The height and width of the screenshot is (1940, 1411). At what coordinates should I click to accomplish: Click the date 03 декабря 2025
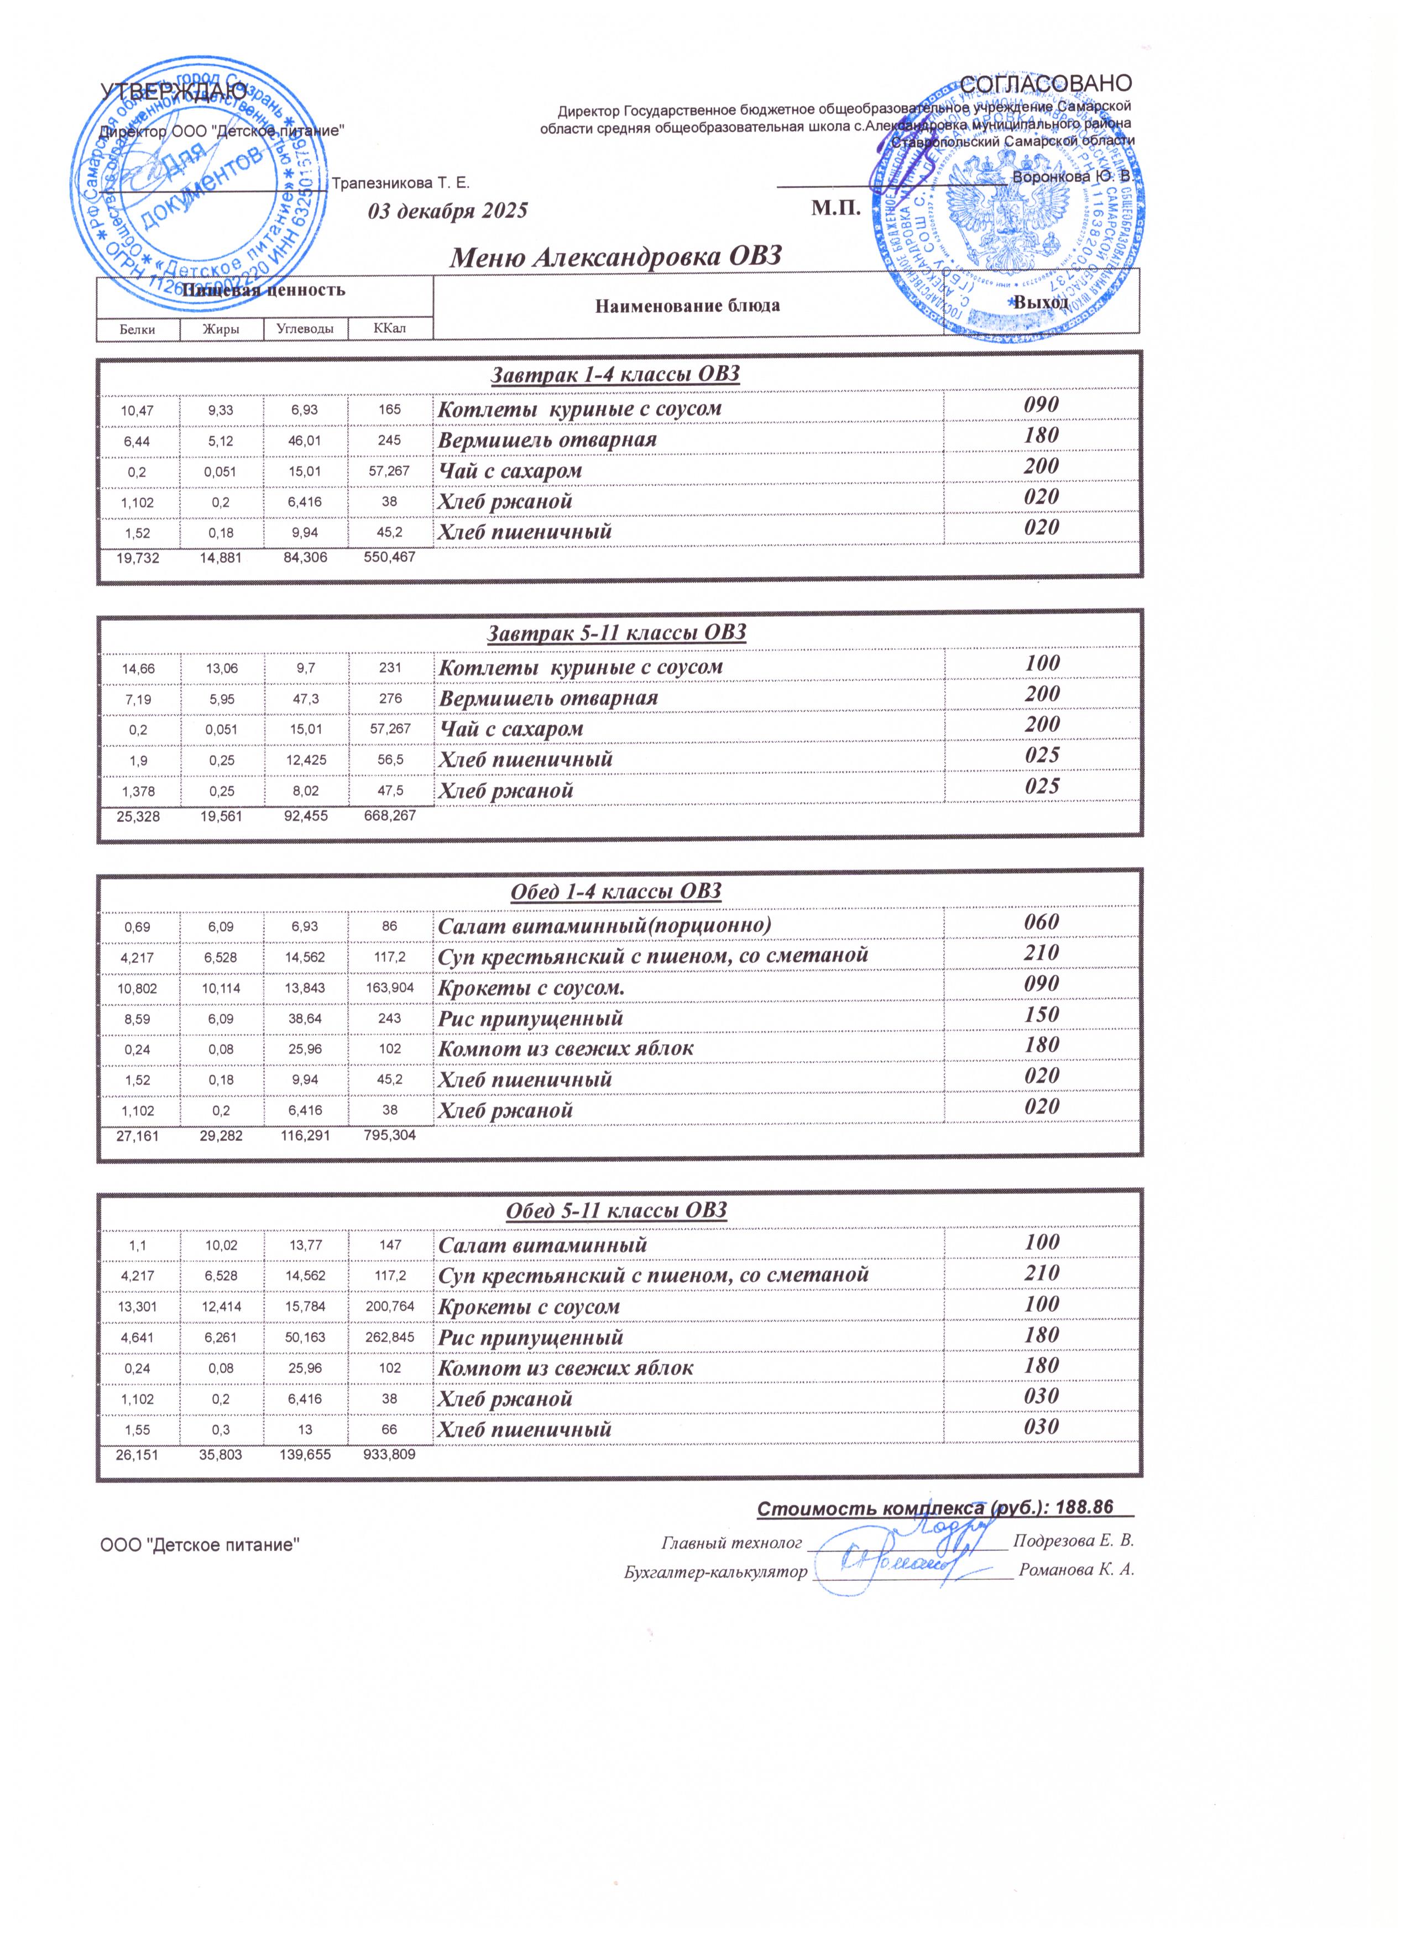point(447,211)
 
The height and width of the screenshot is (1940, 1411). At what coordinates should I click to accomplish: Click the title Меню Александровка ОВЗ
point(616,256)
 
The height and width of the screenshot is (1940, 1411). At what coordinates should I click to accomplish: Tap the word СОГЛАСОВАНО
point(1046,84)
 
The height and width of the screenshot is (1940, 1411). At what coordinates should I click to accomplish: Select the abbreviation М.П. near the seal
point(834,209)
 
